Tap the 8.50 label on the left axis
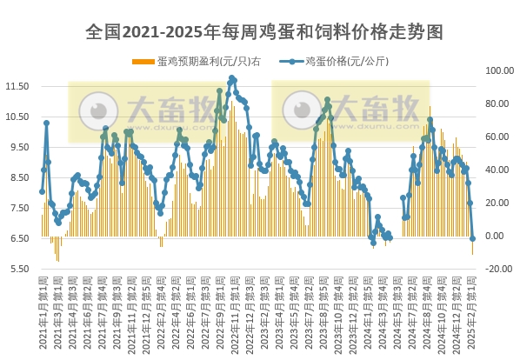(x=20, y=177)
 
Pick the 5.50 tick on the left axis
(x=20, y=269)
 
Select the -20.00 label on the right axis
(x=497, y=269)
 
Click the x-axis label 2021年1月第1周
(x=43, y=309)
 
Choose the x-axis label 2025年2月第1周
(x=472, y=309)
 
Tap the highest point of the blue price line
(x=232, y=78)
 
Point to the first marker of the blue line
(x=42, y=192)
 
